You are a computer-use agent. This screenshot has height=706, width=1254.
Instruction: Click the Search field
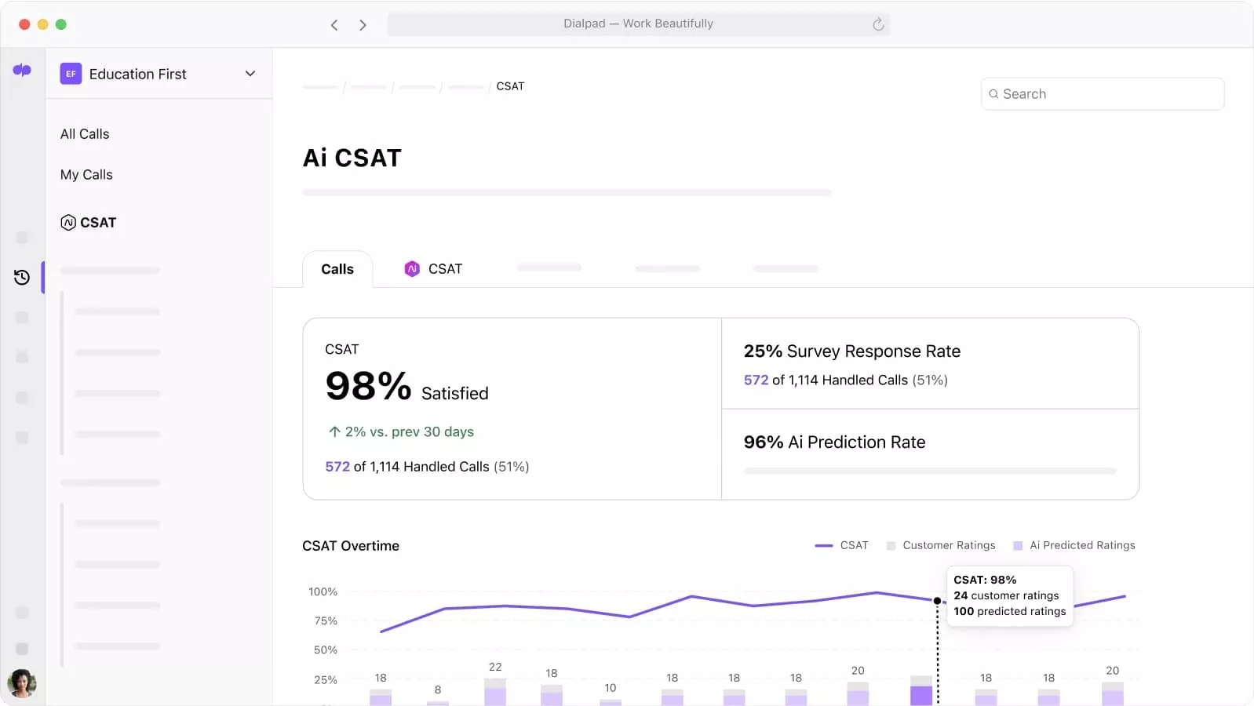point(1102,94)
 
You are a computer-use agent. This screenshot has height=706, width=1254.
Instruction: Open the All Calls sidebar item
point(85,134)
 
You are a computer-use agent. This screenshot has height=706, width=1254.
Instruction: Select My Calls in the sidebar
point(86,175)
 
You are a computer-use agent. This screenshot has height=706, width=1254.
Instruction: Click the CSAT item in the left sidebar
point(89,223)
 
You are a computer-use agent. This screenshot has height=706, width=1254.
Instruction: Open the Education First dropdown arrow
point(250,74)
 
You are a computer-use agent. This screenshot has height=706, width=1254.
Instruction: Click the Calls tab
point(337,269)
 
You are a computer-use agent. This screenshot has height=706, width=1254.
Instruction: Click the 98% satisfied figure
point(368,386)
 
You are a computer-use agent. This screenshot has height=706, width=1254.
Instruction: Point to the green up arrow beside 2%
point(334,431)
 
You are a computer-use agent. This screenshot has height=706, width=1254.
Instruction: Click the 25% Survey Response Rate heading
point(851,351)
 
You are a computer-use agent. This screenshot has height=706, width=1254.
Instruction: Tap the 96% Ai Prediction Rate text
point(834,442)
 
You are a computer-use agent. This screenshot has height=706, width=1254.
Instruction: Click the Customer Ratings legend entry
point(941,545)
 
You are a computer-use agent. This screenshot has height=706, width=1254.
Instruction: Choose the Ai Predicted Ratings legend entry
point(1074,545)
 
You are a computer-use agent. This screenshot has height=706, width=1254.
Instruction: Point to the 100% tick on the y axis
point(323,591)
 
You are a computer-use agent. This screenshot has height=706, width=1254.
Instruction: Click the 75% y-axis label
point(325,620)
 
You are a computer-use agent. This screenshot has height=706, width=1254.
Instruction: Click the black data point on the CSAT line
point(937,601)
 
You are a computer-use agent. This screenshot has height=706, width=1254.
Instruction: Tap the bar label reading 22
point(495,667)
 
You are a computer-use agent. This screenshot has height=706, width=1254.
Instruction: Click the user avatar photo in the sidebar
point(22,683)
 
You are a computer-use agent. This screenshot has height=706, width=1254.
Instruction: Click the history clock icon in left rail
point(22,277)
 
